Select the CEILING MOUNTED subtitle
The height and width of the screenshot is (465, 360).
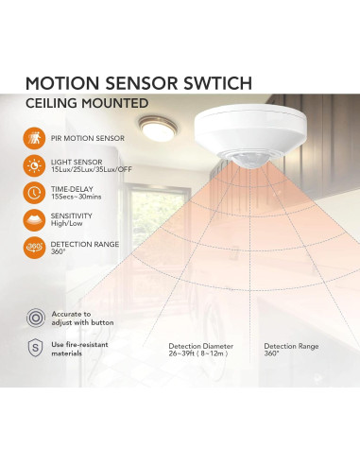[x=88, y=103]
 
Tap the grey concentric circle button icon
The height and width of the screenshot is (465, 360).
[x=36, y=318]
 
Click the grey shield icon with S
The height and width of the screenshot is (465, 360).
[x=36, y=349]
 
